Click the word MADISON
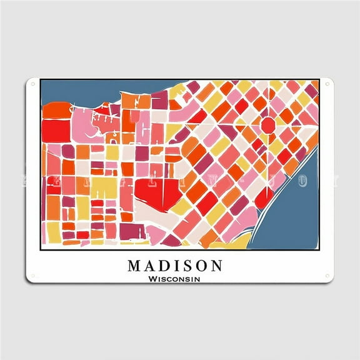point(175,266)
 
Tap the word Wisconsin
point(175,279)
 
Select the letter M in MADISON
point(134,266)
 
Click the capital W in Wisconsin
point(152,279)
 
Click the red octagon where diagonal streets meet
point(267,124)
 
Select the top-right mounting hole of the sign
point(327,85)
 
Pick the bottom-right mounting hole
point(327,276)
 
